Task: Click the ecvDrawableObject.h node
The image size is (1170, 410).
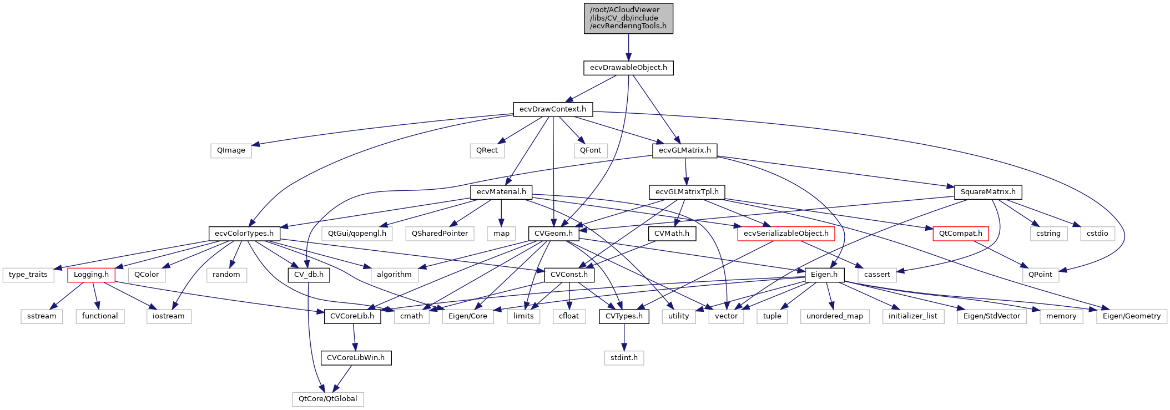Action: tap(628, 68)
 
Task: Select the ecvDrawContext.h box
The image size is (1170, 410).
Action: tap(553, 109)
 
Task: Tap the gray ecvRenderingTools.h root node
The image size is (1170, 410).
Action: tap(628, 18)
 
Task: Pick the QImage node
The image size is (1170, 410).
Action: tap(231, 150)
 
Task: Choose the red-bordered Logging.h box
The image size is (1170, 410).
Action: tap(91, 275)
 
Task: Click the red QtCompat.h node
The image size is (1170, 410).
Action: tap(960, 234)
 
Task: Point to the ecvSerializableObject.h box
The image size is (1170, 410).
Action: tap(786, 234)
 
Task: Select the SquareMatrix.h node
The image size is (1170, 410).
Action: tap(988, 192)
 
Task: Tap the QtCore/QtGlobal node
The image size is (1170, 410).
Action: tap(328, 399)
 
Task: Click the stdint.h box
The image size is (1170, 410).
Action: tap(624, 358)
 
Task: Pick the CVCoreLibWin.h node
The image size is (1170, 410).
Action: tap(356, 358)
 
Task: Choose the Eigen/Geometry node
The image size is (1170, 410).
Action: tap(1131, 316)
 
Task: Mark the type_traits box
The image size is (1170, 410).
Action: tap(28, 275)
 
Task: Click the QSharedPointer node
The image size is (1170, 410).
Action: tap(440, 234)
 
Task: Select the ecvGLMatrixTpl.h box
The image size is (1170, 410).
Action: tap(687, 192)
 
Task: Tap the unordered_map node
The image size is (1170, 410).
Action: tap(835, 316)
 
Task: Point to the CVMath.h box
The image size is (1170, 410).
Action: tap(672, 234)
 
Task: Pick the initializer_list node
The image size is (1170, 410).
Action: tap(912, 316)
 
